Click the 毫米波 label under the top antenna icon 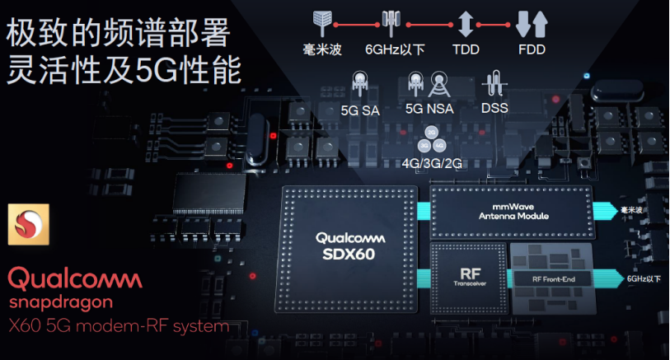click(322, 49)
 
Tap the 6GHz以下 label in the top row click(395, 49)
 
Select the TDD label click(465, 49)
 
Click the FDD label click(531, 49)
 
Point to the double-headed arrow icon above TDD click(465, 23)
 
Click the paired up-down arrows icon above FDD click(531, 23)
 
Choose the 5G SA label click(359, 108)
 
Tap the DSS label click(494, 108)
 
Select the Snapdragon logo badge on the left click(26, 224)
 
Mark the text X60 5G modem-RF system click(119, 326)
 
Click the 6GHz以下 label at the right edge click(644, 279)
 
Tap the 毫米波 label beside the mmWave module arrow click(632, 210)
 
